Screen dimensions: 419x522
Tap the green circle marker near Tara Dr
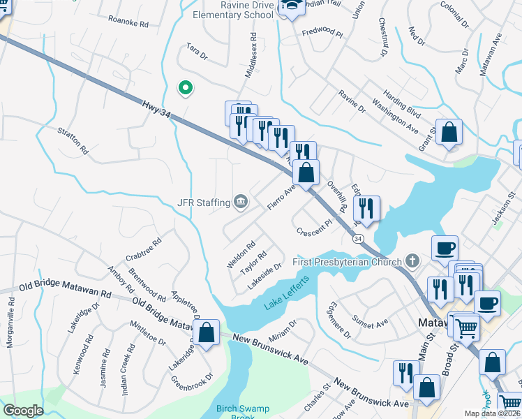point(185,88)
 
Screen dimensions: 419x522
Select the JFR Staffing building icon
point(241,202)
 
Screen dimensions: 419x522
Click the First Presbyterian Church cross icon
point(412,262)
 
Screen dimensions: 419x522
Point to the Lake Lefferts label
point(285,300)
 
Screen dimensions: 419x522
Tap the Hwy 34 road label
point(156,108)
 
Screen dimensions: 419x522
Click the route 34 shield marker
point(358,239)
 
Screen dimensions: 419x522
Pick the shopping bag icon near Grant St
point(449,131)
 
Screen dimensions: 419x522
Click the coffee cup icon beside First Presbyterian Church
point(445,247)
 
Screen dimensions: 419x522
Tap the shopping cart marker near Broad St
point(465,325)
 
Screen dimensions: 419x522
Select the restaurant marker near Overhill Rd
point(366,207)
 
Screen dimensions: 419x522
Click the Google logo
point(23,410)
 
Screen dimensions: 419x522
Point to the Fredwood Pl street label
point(322,32)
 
